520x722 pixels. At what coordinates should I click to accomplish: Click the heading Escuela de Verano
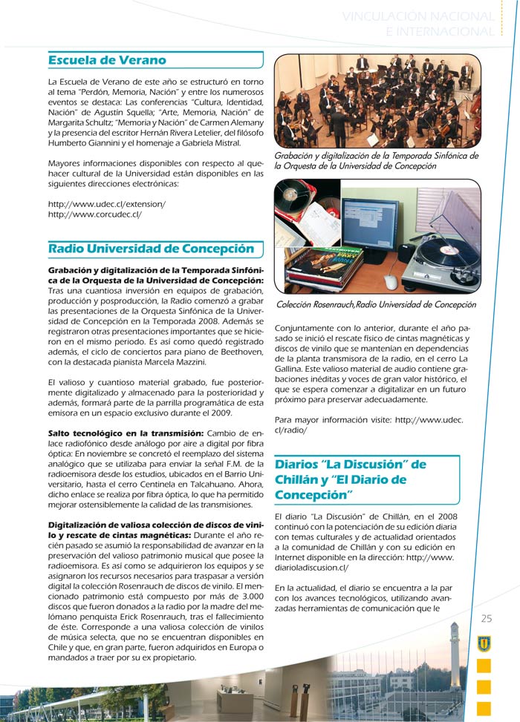107,60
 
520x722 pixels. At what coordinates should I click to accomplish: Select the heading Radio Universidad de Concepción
151,249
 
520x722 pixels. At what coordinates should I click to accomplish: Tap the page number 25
487,619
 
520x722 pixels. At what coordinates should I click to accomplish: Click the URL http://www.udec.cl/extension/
106,203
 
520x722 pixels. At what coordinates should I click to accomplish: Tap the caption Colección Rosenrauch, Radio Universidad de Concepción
376,304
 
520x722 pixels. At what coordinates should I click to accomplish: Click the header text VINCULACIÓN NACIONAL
418,16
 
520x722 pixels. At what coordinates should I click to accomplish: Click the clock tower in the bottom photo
455,653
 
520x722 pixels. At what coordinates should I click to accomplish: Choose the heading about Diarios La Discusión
351,479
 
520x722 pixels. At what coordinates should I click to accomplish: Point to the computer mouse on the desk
391,281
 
